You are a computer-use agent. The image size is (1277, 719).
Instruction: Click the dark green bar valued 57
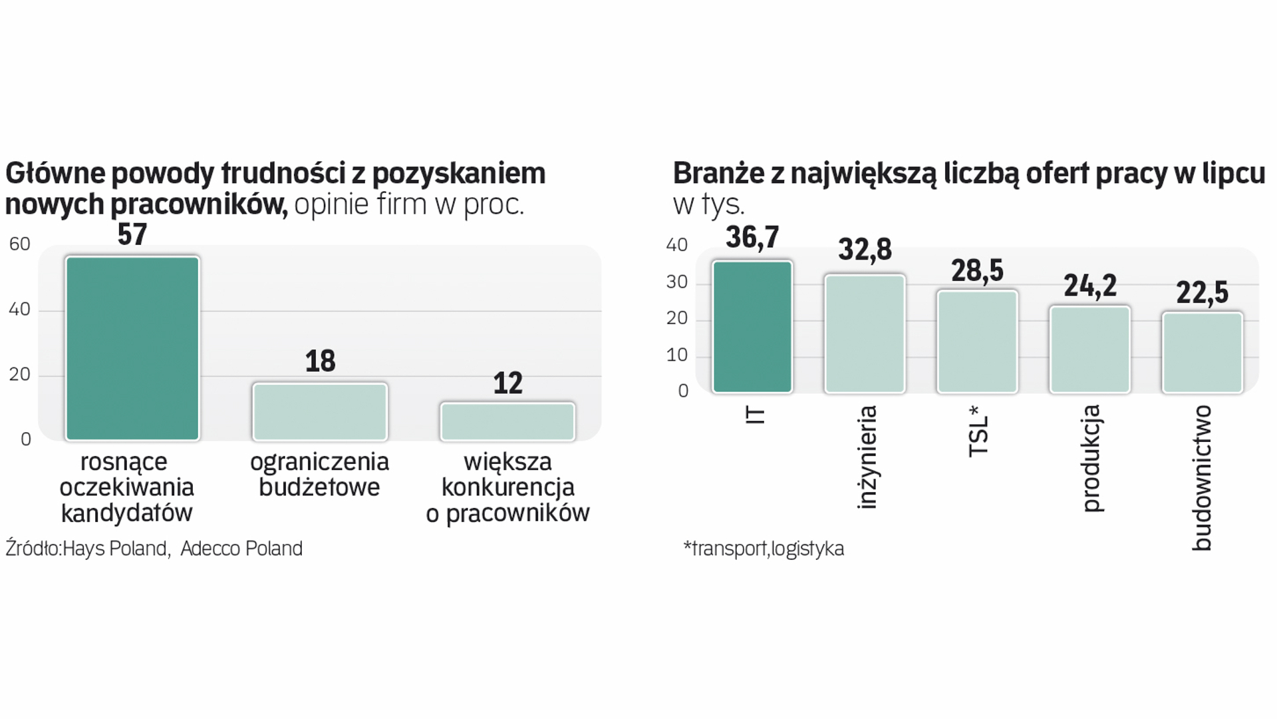coord(132,348)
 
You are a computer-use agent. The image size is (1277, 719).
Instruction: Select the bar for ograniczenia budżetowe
coord(320,411)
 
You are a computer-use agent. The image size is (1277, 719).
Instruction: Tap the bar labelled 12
coord(507,421)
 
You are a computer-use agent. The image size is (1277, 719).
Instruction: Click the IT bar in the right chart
coord(752,327)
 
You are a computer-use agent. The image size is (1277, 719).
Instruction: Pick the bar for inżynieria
coord(865,334)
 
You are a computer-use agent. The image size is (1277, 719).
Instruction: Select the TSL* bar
coord(977,341)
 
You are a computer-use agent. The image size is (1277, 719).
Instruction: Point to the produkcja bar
coord(1089,349)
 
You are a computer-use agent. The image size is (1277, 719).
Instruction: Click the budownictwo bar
coord(1203,352)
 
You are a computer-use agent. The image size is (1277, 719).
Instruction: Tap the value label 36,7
coord(752,237)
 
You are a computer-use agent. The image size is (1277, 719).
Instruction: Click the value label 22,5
coord(1203,292)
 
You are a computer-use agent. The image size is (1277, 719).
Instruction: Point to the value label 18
coord(320,361)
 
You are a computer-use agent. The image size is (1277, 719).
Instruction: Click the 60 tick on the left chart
coord(20,244)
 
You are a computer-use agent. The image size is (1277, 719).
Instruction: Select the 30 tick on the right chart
coord(677,282)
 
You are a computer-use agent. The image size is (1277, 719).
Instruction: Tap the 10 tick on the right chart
coord(677,355)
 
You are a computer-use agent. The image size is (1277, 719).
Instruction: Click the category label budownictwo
coord(1201,478)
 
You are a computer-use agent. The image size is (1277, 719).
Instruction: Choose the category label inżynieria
coord(866,457)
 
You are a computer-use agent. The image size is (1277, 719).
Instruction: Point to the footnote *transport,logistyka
coord(764,549)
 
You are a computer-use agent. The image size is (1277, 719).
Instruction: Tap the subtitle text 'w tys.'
coord(709,204)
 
